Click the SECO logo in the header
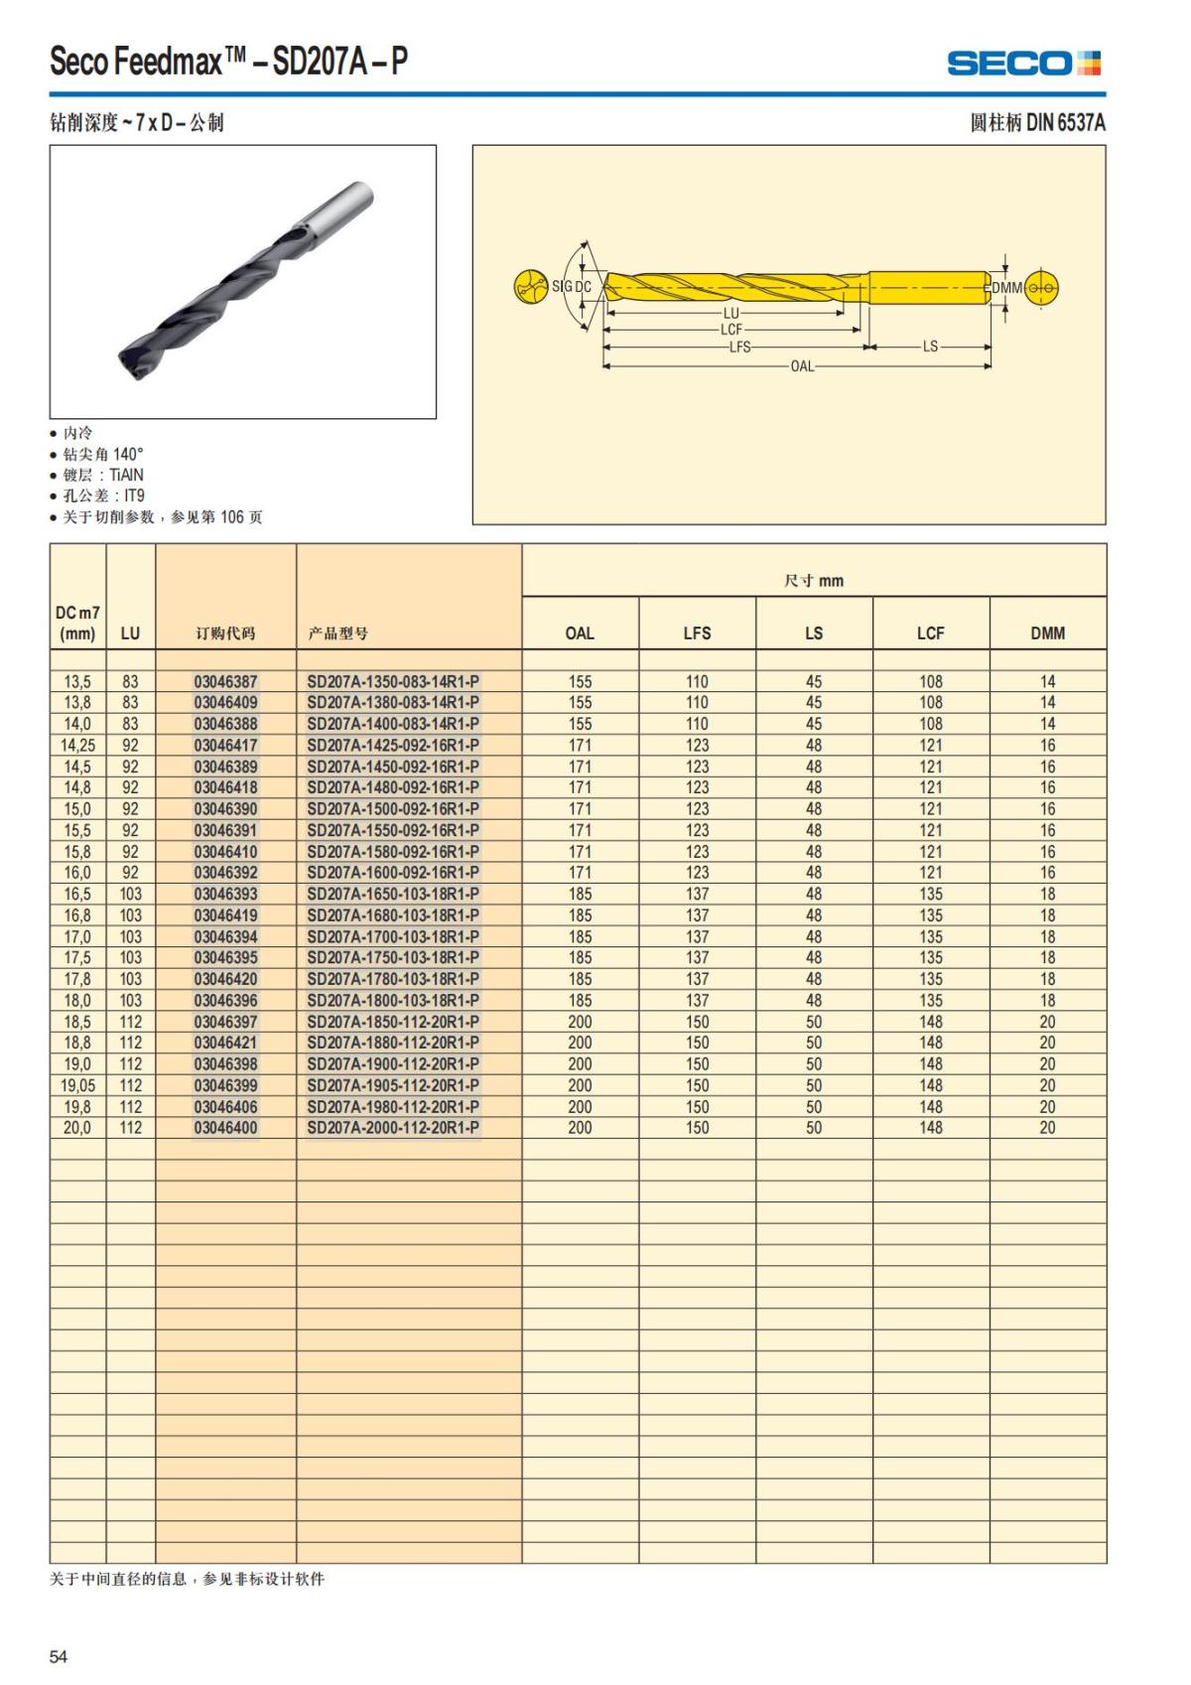[1023, 64]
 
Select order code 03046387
[225, 682]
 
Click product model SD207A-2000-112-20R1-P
[393, 1128]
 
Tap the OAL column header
[580, 632]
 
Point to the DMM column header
[1047, 632]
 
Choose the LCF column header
[930, 632]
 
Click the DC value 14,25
[77, 746]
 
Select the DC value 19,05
[77, 1085]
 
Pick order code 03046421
[225, 1043]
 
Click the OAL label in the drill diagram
[802, 366]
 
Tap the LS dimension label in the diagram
[930, 347]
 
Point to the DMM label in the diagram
[1006, 288]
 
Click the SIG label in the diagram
[562, 287]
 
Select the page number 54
[59, 1656]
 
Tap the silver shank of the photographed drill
[342, 209]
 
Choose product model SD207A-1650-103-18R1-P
[393, 894]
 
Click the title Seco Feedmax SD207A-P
[228, 62]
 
